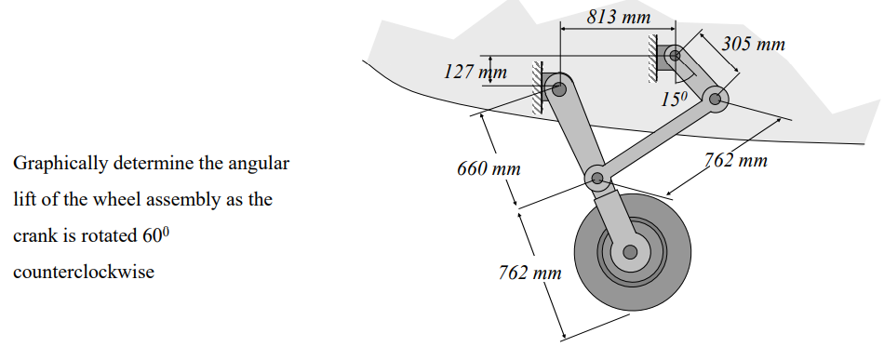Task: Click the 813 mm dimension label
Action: click(x=619, y=18)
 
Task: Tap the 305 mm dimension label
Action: click(x=754, y=45)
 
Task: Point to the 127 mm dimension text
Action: click(x=475, y=73)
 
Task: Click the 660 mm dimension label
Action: click(x=489, y=170)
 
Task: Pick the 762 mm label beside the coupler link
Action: click(x=735, y=161)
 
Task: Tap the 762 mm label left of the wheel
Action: click(x=530, y=273)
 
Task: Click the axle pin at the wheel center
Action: click(x=630, y=251)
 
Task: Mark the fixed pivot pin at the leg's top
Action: click(x=559, y=89)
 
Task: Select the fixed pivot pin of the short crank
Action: click(x=675, y=56)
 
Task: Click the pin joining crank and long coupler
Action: click(x=716, y=97)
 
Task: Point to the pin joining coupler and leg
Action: click(x=596, y=178)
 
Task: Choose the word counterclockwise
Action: click(x=83, y=272)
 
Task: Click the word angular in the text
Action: click(x=260, y=165)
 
